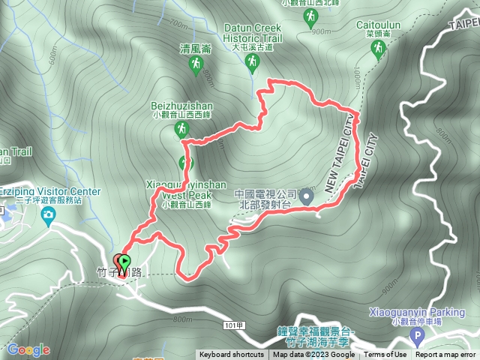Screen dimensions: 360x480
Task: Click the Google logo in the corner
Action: click(28, 349)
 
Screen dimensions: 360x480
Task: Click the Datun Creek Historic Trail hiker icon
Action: click(253, 64)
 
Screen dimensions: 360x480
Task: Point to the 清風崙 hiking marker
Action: click(195, 67)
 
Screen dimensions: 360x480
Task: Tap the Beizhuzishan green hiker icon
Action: click(181, 130)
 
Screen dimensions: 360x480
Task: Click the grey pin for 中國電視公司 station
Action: click(306, 197)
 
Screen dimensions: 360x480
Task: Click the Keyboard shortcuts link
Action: click(231, 355)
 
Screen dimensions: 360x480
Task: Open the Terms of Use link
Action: click(385, 355)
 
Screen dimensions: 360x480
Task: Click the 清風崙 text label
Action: click(195, 47)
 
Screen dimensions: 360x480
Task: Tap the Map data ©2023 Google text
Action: click(313, 355)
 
